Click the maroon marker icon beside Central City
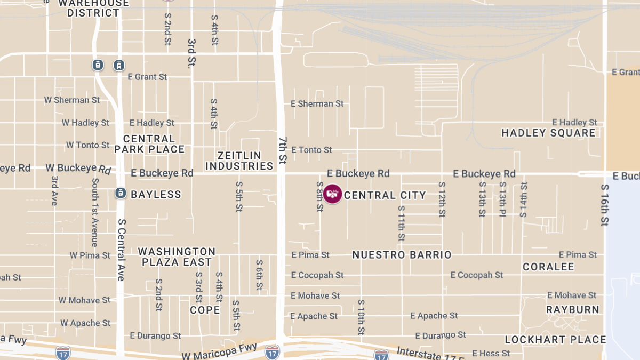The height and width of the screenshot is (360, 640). [x=333, y=194]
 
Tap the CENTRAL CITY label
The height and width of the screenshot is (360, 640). [x=385, y=195]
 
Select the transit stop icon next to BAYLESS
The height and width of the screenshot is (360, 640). [x=121, y=193]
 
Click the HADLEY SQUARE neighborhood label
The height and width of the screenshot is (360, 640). [x=548, y=133]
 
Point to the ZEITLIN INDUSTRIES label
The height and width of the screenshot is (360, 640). [x=239, y=161]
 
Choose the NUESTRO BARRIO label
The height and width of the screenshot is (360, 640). [x=402, y=255]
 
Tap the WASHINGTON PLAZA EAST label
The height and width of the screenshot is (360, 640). [x=177, y=257]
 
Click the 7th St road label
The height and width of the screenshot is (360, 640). [x=282, y=150]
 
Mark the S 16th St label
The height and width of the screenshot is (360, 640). [x=605, y=205]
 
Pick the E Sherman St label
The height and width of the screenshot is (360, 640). [x=317, y=103]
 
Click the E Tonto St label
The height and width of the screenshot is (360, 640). [x=311, y=150]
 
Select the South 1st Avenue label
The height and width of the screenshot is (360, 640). [x=95, y=212]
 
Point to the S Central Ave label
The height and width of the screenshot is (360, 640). [x=121, y=250]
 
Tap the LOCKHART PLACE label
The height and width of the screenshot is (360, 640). [x=555, y=340]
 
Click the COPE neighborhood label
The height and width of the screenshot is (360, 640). [x=205, y=310]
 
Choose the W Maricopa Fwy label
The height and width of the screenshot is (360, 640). [x=219, y=355]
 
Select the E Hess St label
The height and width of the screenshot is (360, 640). [x=487, y=353]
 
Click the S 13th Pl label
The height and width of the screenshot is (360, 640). [x=502, y=199]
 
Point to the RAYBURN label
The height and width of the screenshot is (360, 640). [x=572, y=309]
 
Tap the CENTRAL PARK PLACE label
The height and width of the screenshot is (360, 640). [x=149, y=144]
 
